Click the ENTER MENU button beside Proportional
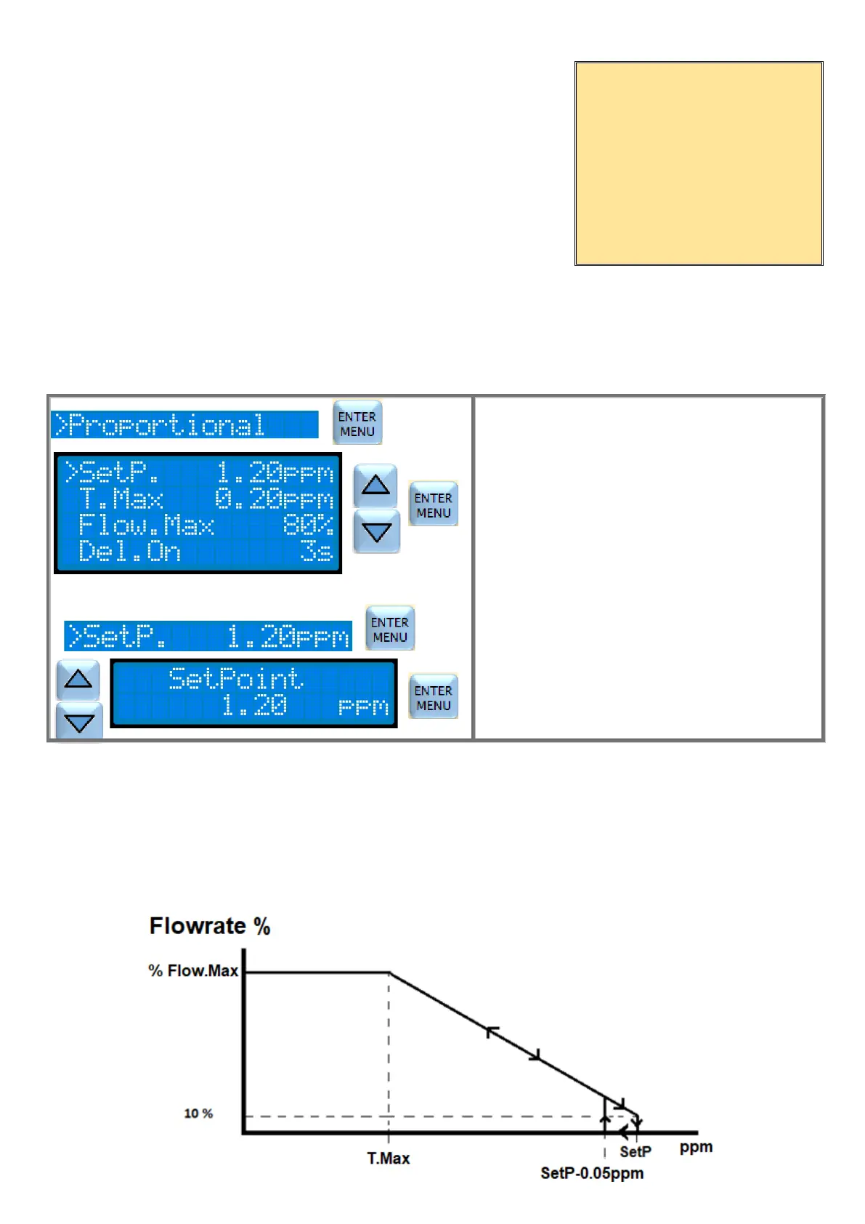[357, 423]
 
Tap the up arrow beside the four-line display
[375, 485]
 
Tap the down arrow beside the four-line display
[376, 532]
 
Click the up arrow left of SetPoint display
[78, 680]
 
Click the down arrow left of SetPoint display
[79, 722]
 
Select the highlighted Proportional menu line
[184, 425]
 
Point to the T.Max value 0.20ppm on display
[274, 499]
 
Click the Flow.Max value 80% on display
[308, 526]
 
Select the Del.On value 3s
[317, 552]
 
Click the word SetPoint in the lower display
[235, 679]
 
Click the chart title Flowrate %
[210, 926]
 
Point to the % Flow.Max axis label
[193, 971]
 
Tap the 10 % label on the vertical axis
[198, 1114]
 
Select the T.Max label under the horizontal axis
[388, 1159]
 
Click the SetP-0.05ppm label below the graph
[592, 1173]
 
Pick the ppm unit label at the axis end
[696, 1147]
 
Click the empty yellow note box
[699, 164]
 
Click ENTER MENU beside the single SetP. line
[390, 629]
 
